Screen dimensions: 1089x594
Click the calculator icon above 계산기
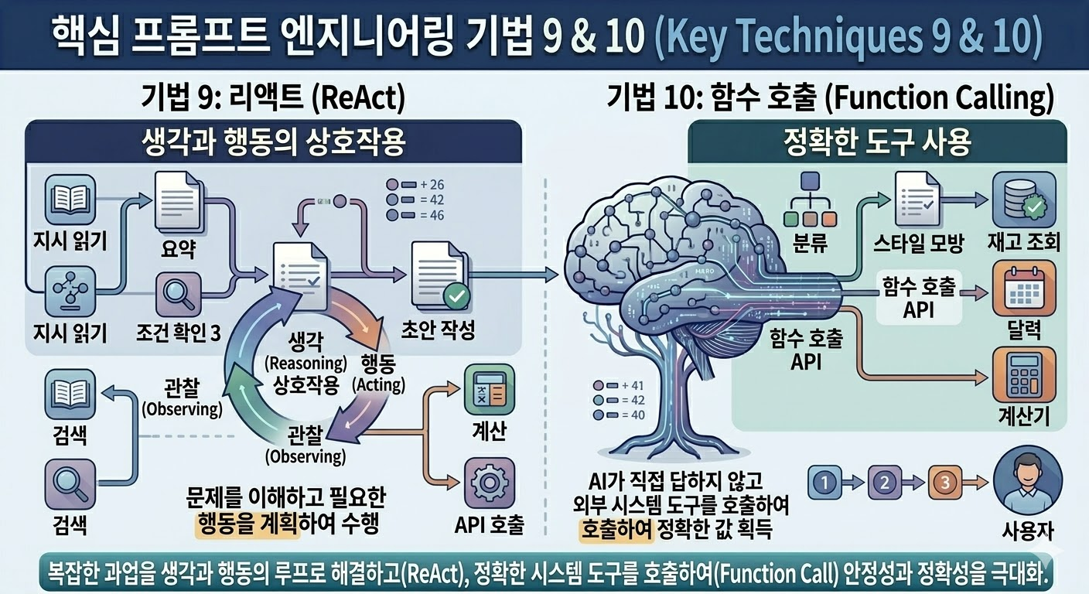[1024, 375]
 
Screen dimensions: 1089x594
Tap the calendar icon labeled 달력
[1024, 288]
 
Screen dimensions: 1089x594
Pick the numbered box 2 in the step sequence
[882, 483]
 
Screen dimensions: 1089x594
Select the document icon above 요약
[179, 203]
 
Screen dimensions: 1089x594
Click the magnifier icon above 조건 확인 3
[179, 295]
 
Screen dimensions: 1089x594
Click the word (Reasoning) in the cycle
[306, 362]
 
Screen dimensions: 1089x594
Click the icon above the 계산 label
[487, 391]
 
